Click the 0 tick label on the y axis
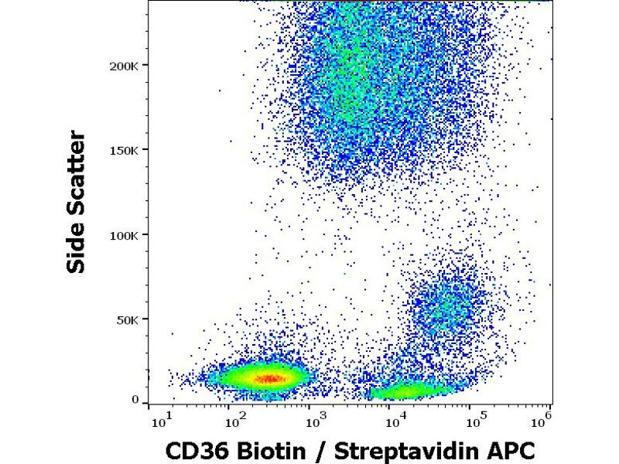(135, 400)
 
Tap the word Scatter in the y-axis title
(76, 176)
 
